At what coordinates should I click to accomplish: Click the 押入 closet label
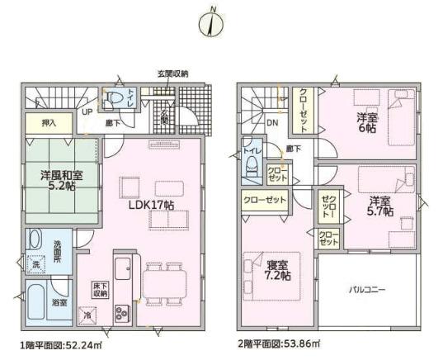click(x=49, y=123)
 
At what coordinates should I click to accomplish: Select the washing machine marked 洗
click(x=35, y=265)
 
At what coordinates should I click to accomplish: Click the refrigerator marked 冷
click(x=87, y=314)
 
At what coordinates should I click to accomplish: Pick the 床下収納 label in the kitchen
click(x=100, y=288)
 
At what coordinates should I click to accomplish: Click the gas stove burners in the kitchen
click(x=121, y=312)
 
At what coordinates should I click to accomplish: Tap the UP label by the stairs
click(x=87, y=113)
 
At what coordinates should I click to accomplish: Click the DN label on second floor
click(x=271, y=126)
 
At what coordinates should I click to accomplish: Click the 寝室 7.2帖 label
click(x=276, y=269)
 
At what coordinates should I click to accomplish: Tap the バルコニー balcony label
click(x=366, y=290)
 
